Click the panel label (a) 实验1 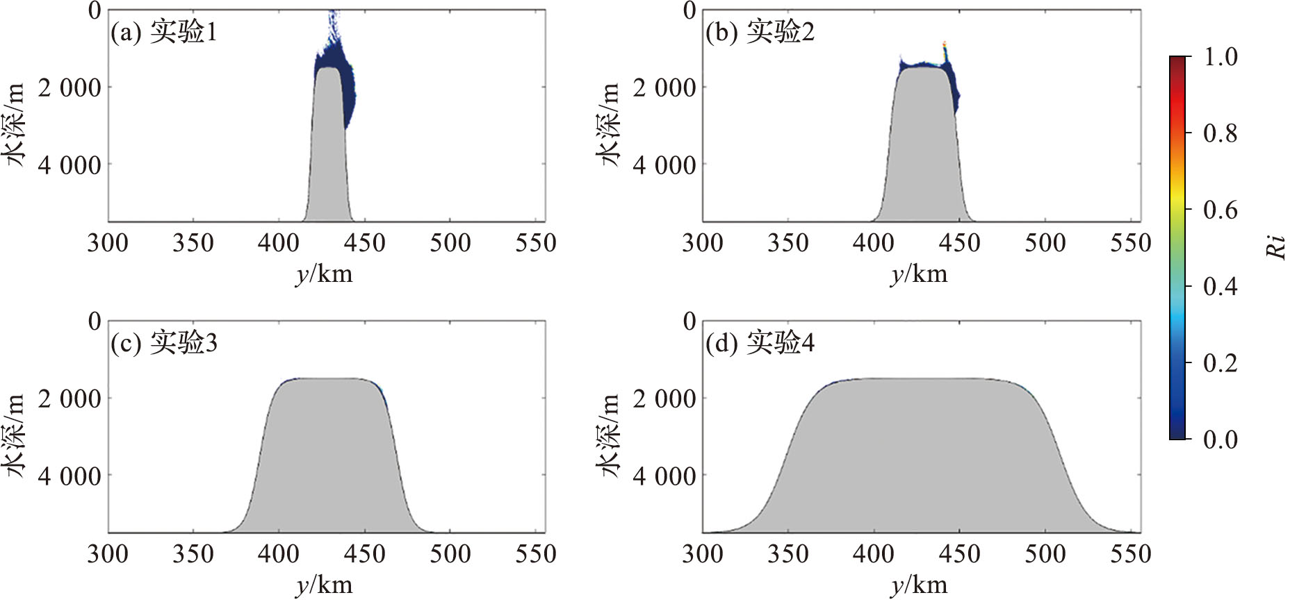click(164, 32)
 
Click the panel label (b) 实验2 click(760, 32)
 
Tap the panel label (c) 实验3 click(164, 343)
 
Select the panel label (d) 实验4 click(760, 343)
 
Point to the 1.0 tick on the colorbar click(1220, 56)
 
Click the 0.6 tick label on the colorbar click(1220, 210)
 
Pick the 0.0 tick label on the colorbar click(1220, 440)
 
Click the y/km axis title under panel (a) click(324, 274)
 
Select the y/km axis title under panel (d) click(919, 585)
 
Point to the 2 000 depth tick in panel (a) click(70, 88)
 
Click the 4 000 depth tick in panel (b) click(664, 165)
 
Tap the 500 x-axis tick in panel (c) click(450, 554)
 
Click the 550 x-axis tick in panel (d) click(1131, 554)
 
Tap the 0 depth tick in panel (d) click(689, 321)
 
